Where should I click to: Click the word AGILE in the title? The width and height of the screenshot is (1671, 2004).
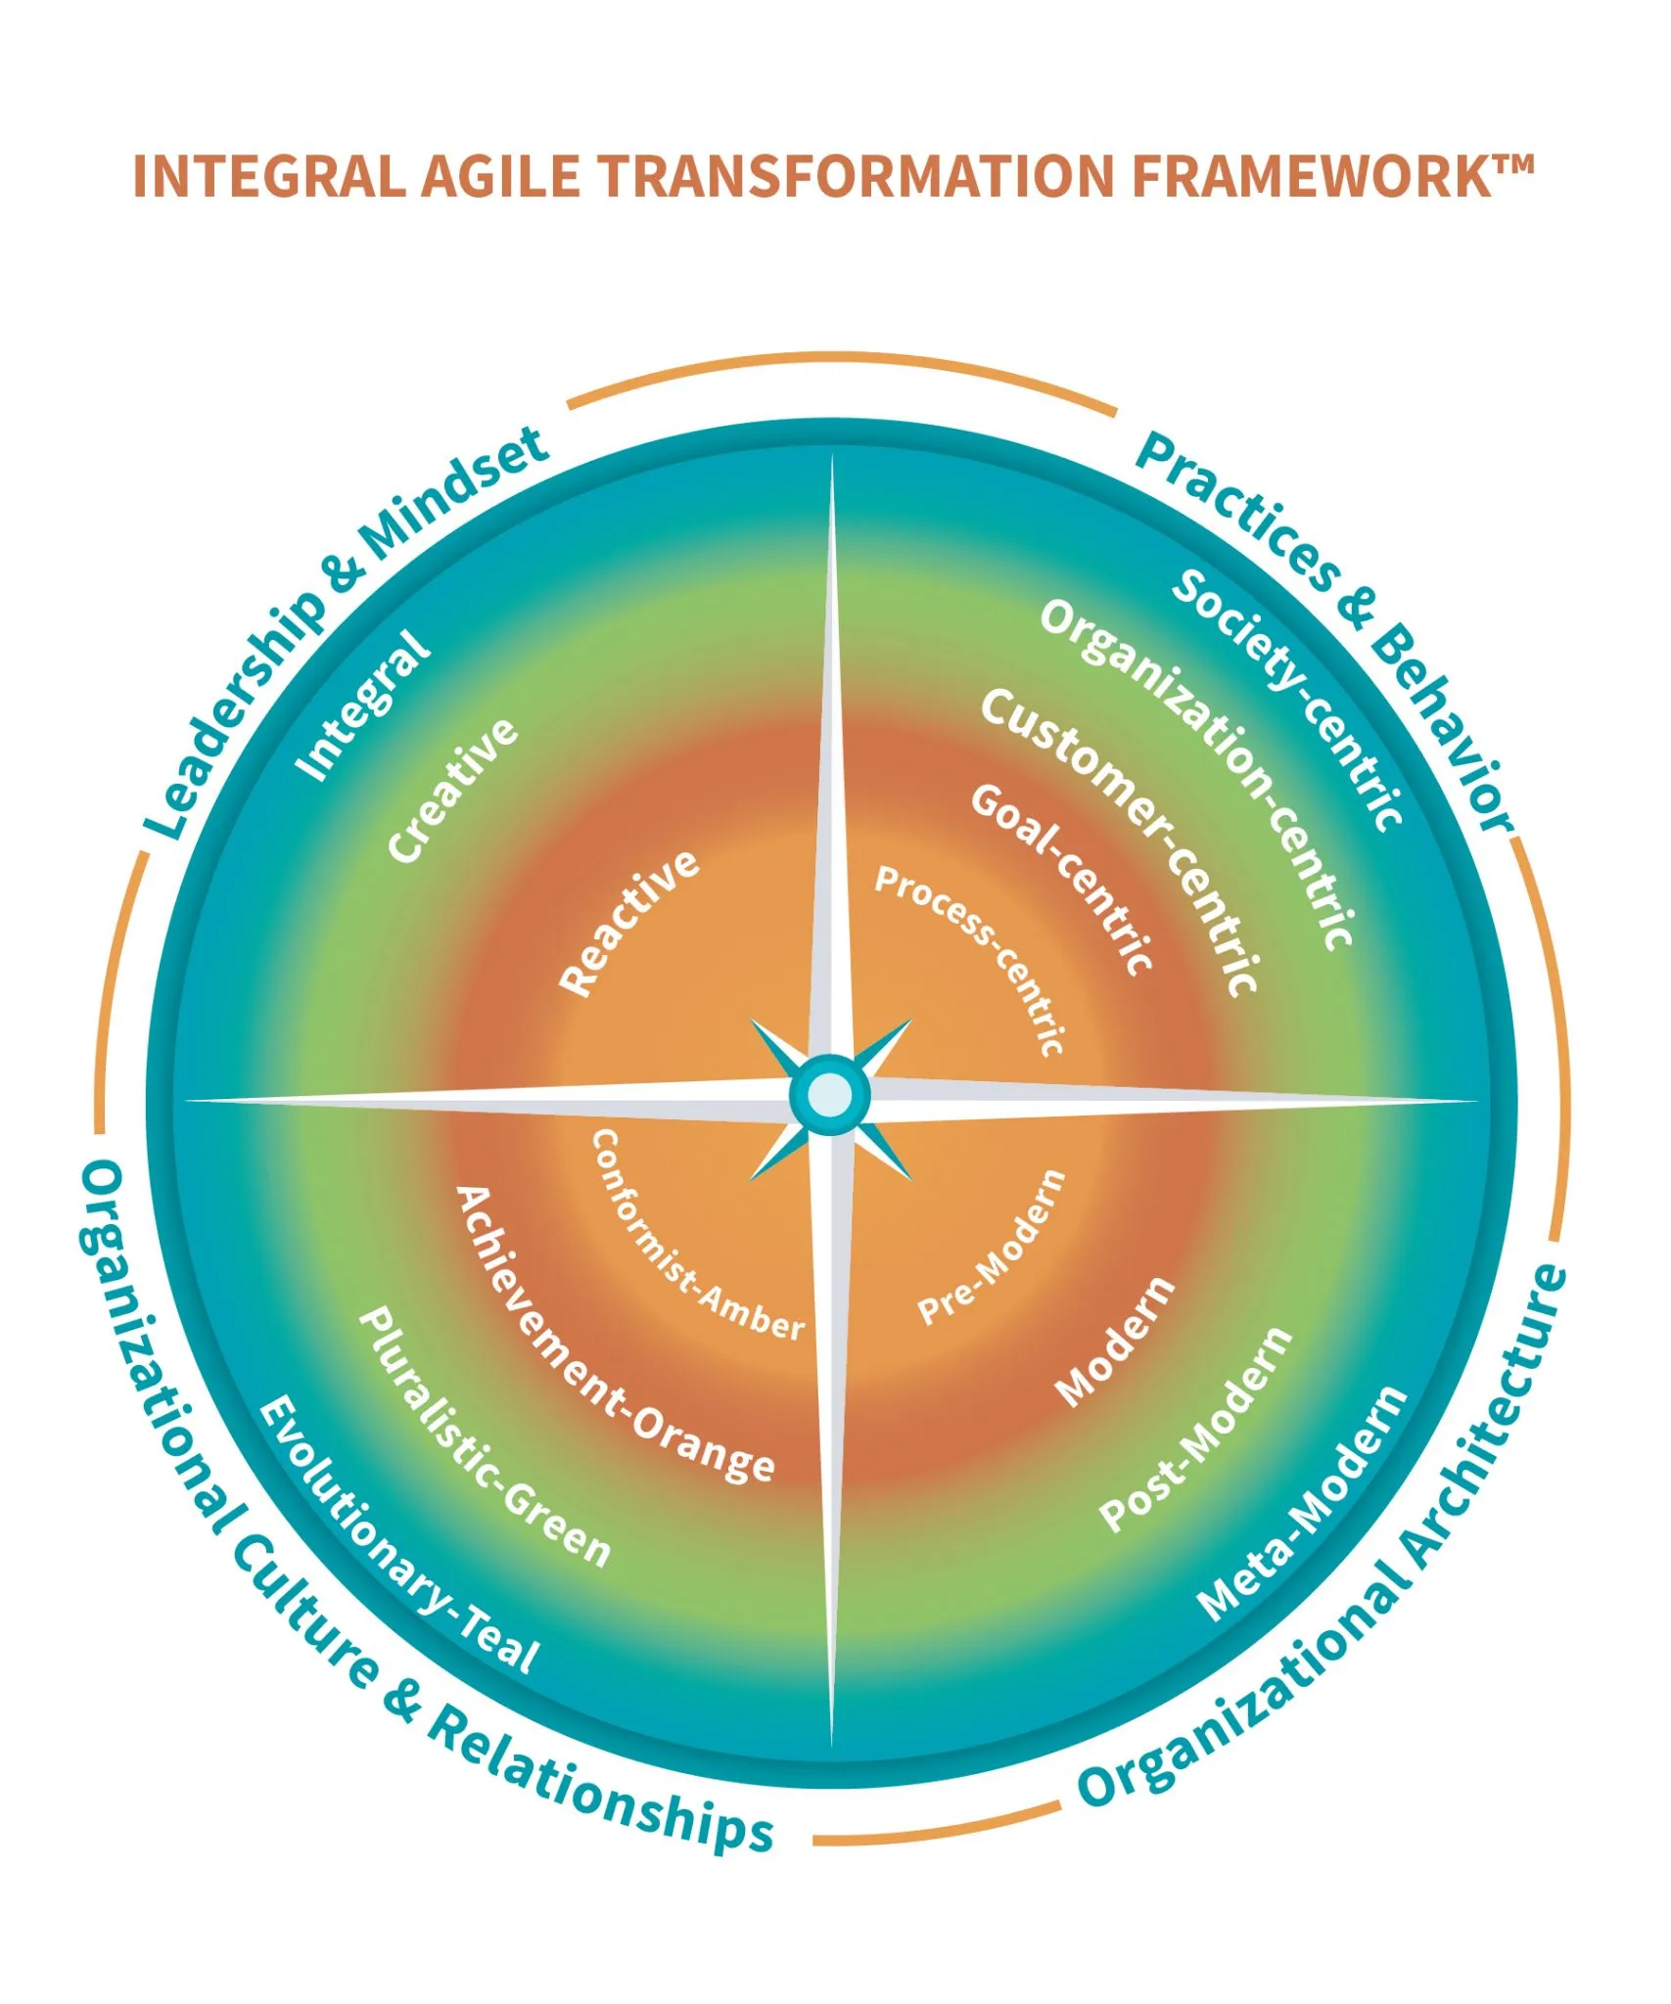coord(500,177)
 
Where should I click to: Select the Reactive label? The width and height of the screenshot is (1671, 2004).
coord(630,923)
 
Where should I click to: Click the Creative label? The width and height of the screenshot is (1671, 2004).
coord(453,790)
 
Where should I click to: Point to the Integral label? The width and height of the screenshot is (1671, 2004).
coord(363,706)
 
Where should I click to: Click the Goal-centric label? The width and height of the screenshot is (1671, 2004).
coord(1063,879)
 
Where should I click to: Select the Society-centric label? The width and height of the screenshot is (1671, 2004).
coord(1289,699)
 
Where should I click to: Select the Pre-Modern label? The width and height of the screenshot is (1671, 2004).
coord(993,1247)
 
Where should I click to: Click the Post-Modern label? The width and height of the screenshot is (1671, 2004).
coord(1196,1430)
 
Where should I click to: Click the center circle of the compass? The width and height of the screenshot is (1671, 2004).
coord(831,1095)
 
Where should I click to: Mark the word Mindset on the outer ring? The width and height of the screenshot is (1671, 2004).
coord(452,499)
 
